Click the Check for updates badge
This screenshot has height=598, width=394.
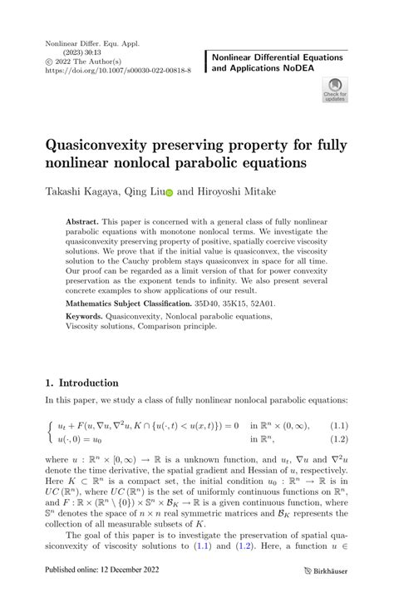click(x=334, y=89)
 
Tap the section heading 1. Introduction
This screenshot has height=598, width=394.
click(x=81, y=383)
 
